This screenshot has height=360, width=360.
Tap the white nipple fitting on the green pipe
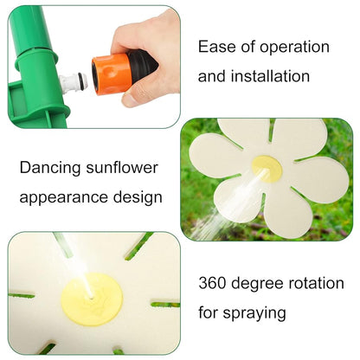coord(72,84)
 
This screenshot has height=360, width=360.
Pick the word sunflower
coord(126,166)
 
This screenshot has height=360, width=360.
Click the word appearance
coord(67,196)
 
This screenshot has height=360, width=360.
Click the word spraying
coord(255,312)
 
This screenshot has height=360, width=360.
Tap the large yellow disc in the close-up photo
coord(91,296)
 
